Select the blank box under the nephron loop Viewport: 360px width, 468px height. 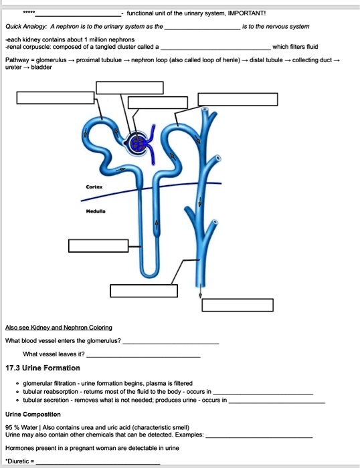click(137, 290)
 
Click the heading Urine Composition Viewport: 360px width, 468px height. click(33, 415)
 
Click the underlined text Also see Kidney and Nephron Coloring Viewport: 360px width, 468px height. click(58, 328)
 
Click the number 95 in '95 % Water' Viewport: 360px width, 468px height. click(9, 426)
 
